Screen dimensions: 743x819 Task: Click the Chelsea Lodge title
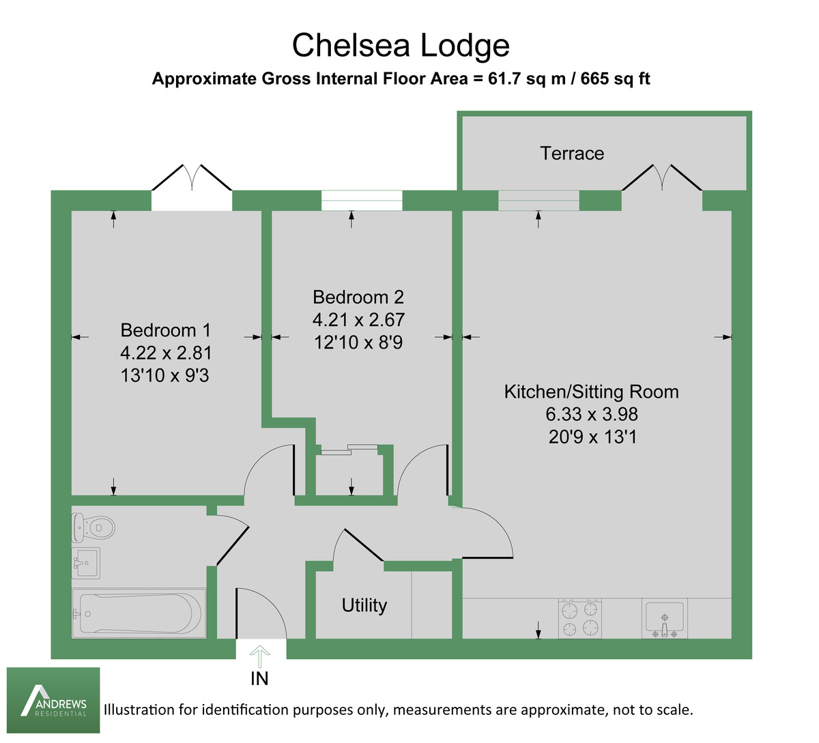(401, 46)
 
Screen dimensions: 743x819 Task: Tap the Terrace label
(572, 154)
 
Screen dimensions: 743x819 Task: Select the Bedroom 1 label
(166, 330)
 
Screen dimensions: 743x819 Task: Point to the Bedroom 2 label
(358, 297)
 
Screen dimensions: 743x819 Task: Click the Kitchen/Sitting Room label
(591, 392)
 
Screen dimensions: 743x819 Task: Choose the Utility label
(364, 605)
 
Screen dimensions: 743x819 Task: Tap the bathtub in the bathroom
(139, 613)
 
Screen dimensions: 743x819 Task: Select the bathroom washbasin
(86, 563)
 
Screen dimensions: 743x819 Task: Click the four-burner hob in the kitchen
(580, 618)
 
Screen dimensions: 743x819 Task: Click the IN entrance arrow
(259, 658)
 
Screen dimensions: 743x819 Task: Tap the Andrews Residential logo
(53, 700)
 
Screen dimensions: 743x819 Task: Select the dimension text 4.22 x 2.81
(166, 353)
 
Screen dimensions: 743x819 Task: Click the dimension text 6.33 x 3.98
(591, 414)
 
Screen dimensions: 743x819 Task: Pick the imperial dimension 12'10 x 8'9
(358, 342)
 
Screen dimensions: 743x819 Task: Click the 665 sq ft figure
(617, 78)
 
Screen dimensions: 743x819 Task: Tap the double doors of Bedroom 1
(192, 184)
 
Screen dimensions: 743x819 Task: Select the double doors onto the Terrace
(661, 181)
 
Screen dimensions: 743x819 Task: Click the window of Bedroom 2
(362, 201)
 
